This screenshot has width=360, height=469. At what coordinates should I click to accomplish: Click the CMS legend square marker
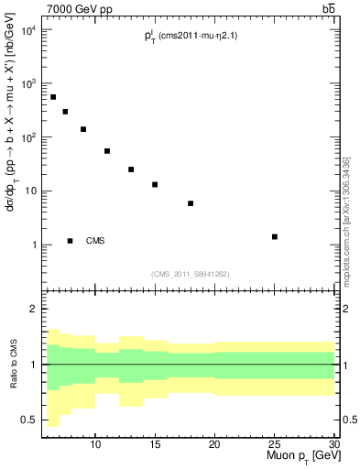pyautogui.click(x=70, y=241)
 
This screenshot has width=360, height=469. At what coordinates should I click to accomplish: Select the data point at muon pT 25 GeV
pyautogui.click(x=275, y=236)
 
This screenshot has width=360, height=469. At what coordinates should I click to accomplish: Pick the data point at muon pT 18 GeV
pyautogui.click(x=191, y=203)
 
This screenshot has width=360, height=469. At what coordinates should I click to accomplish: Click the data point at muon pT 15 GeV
pyautogui.click(x=155, y=184)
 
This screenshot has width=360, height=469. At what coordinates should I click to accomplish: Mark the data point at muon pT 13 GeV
pyautogui.click(x=131, y=169)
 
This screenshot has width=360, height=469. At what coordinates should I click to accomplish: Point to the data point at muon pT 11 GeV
pyautogui.click(x=107, y=151)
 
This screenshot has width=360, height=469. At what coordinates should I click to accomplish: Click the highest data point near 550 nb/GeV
pyautogui.click(x=53, y=97)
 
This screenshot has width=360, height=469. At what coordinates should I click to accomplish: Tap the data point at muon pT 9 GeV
pyautogui.click(x=83, y=129)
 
